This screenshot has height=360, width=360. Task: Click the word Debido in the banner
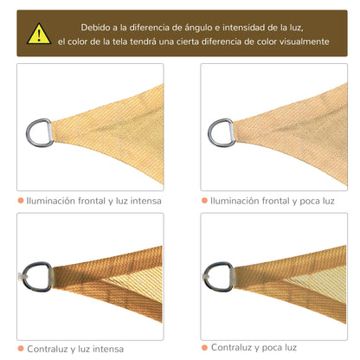[x=91, y=27]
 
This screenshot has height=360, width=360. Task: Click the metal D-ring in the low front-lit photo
[x=221, y=131]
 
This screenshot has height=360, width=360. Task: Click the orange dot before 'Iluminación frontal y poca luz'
[x=204, y=201]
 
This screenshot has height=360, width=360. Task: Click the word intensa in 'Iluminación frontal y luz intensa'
[x=143, y=201]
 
